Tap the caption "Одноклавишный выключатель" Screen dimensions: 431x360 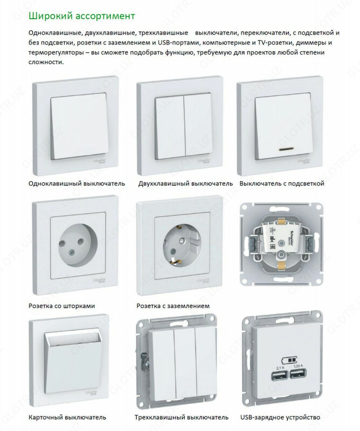pos(79,183)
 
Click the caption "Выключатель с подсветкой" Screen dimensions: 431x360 pos(282,183)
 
